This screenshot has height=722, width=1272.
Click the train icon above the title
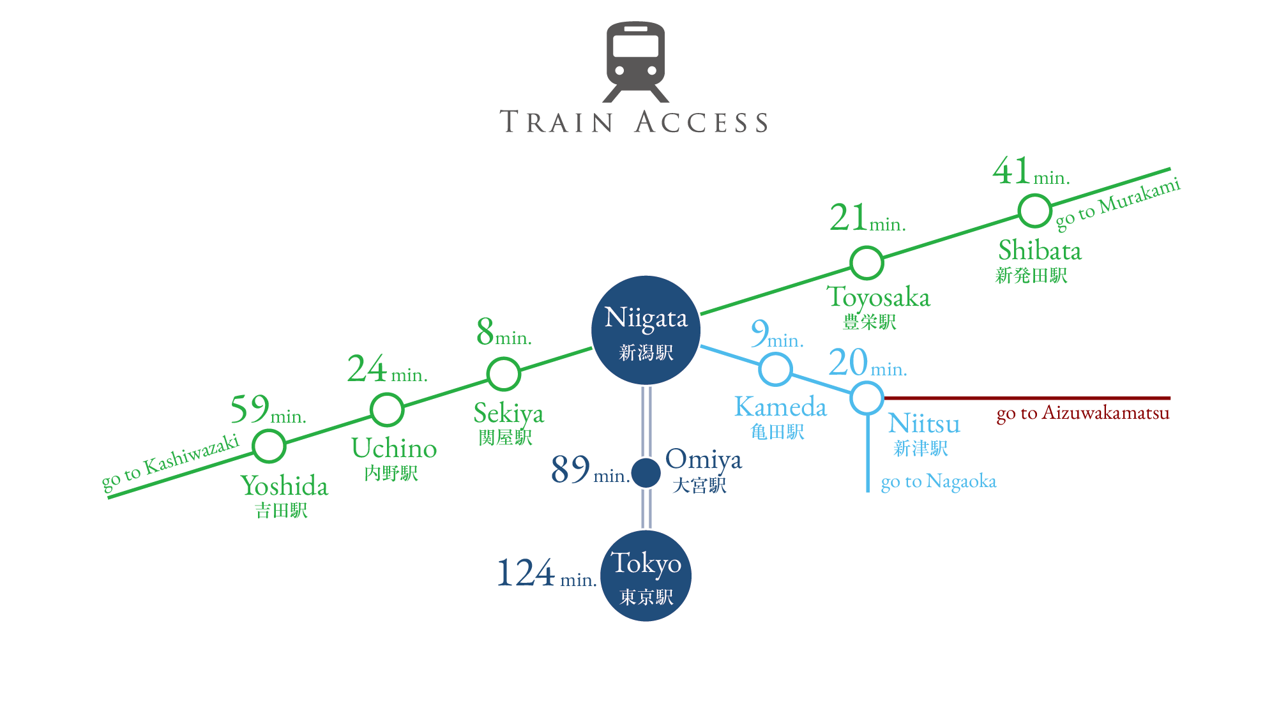(x=635, y=61)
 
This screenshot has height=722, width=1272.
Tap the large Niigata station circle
(x=646, y=330)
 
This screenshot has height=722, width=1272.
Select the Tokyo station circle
(x=646, y=576)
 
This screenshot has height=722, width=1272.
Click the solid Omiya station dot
(x=646, y=473)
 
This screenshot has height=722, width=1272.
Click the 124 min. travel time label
(x=547, y=573)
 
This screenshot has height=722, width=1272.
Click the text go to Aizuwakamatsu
(x=1083, y=414)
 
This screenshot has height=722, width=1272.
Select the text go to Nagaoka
(x=939, y=481)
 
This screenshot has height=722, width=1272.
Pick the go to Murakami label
(x=1117, y=203)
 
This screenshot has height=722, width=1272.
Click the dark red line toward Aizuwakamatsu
(x=1027, y=398)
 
